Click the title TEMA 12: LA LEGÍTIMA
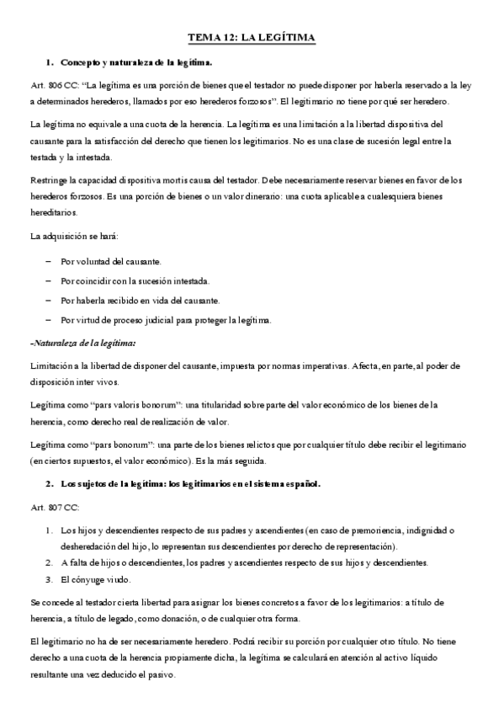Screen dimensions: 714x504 click(x=251, y=38)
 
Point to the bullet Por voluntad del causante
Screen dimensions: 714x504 click(x=111, y=262)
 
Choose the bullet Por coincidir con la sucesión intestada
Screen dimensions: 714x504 click(x=135, y=281)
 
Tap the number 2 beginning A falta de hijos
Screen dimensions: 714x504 click(x=49, y=562)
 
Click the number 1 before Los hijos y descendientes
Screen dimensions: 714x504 click(x=49, y=530)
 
